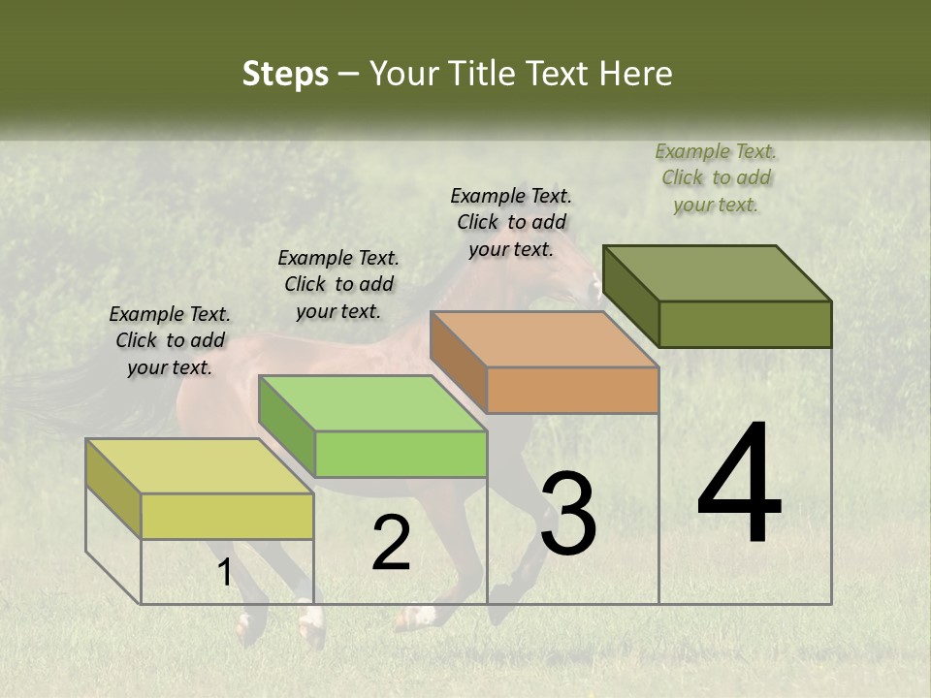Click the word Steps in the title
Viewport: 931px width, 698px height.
[x=285, y=74]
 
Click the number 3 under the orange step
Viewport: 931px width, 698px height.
[x=567, y=514]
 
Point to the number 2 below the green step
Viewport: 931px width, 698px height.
[x=391, y=543]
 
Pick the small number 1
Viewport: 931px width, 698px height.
[x=224, y=573]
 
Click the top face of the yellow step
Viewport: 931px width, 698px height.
[x=200, y=466]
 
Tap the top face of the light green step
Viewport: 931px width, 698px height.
[x=372, y=403]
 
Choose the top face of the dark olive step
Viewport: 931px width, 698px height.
[x=718, y=273]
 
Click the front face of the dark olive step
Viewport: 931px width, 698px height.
[x=745, y=324]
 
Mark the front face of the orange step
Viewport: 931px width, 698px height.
[x=572, y=390]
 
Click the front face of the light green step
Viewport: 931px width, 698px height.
[x=401, y=454]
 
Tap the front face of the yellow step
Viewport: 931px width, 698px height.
[x=227, y=516]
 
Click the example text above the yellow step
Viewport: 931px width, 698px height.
[x=170, y=340]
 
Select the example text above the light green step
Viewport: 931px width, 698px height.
[x=338, y=284]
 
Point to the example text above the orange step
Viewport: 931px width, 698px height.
[x=511, y=222]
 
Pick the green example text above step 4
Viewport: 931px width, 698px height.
[x=716, y=177]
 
